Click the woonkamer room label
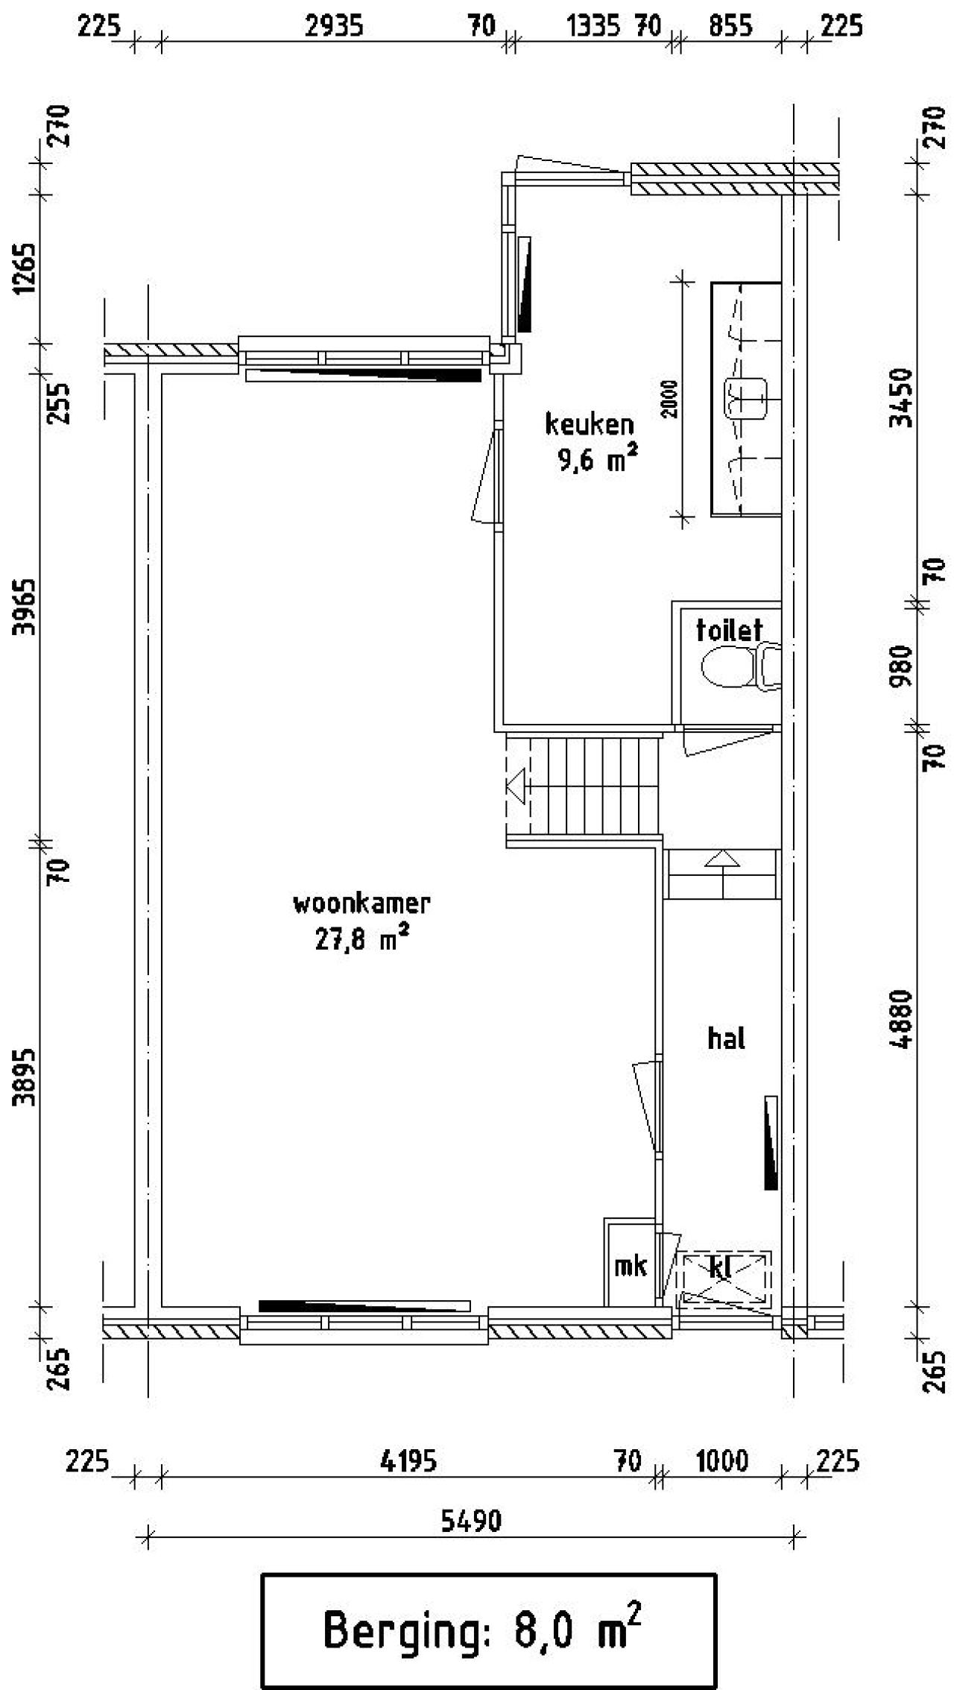coord(361,904)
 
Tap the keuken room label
coord(589,424)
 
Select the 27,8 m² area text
coord(361,939)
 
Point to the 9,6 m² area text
coord(597,460)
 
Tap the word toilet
coord(729,630)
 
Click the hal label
coord(726,1038)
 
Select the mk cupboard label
coord(631,1265)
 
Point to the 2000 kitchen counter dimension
coord(671,399)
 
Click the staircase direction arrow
coord(516,786)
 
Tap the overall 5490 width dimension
coord(471,1521)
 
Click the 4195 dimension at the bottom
coord(408,1460)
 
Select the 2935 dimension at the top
coord(335,27)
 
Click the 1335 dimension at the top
coord(593,27)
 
